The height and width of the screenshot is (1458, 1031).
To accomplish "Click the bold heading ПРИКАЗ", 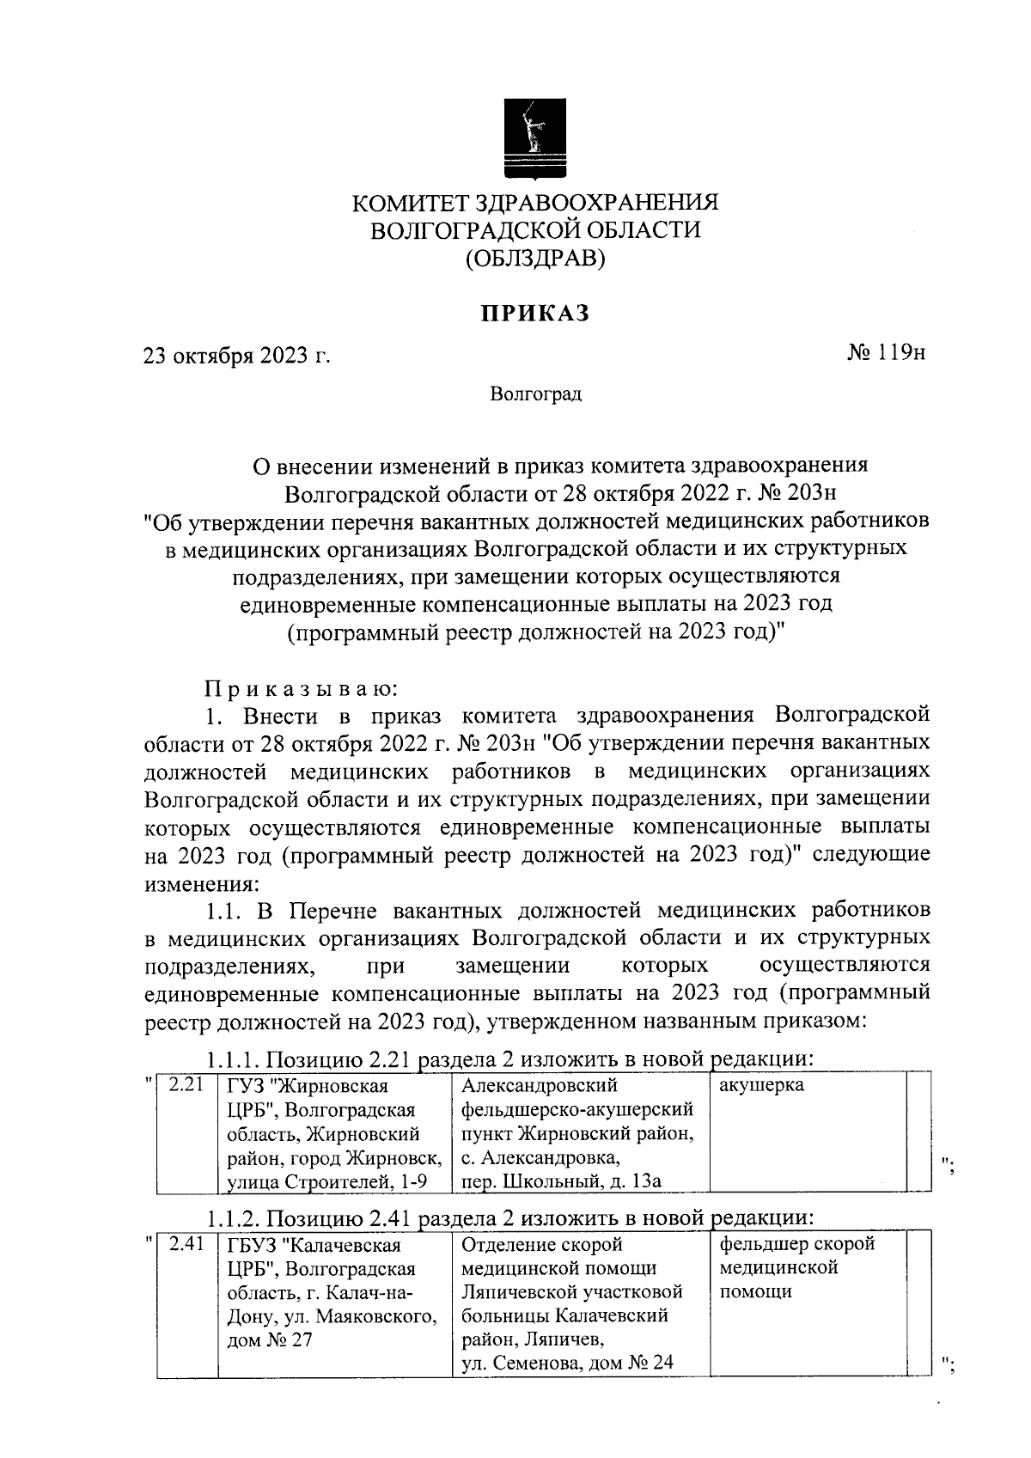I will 535,314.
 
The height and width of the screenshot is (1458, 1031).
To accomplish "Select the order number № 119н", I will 886,353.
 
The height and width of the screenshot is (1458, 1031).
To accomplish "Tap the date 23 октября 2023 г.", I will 237,355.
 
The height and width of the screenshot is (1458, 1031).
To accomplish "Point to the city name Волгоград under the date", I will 535,394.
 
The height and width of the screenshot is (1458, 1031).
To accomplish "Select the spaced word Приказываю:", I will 299,688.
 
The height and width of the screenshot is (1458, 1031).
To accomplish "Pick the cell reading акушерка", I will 761,1085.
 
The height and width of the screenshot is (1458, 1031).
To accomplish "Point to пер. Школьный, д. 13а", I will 561,1181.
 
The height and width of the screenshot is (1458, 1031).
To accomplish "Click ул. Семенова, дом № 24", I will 567,1362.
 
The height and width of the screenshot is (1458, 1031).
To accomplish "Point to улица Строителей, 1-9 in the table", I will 326,1181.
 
